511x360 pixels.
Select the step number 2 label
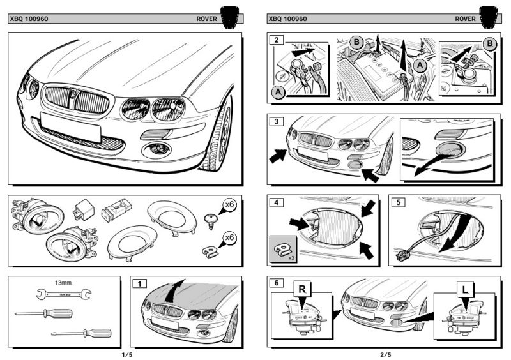(276, 40)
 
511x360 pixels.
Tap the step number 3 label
(276, 121)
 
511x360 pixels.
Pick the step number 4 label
(276, 203)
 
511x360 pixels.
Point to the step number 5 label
(398, 203)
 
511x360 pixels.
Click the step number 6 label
(276, 283)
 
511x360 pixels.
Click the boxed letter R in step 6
(302, 290)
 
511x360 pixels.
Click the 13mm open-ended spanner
(62, 294)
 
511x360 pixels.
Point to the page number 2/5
(385, 354)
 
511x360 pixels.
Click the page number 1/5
(127, 354)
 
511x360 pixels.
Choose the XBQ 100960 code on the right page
(288, 19)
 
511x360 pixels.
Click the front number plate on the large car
(70, 126)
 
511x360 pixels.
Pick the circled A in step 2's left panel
(278, 93)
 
